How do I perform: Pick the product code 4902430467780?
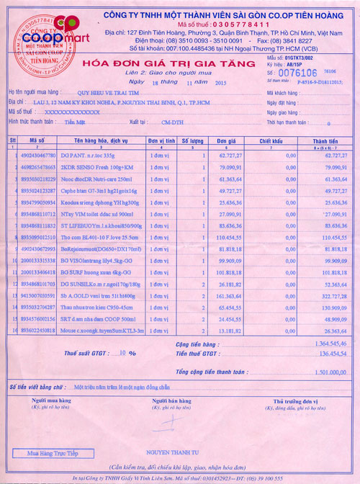click(x=42, y=156)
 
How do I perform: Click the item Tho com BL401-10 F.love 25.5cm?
click(x=97, y=236)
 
